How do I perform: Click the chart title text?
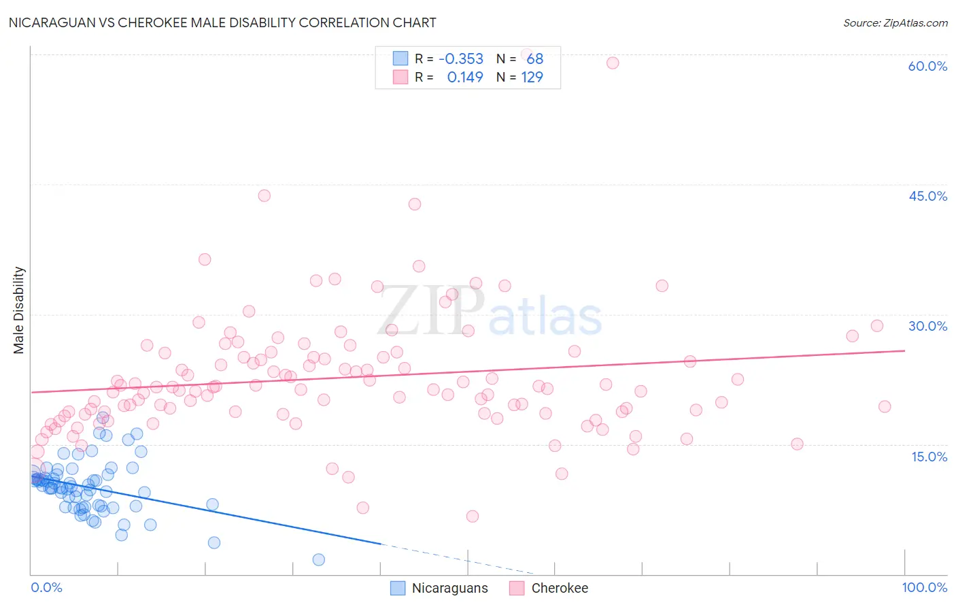pyautogui.click(x=222, y=22)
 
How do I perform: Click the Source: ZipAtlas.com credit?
pyautogui.click(x=895, y=22)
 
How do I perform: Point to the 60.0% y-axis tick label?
pyautogui.click(x=927, y=66)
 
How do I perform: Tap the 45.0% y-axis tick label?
pyautogui.click(x=927, y=196)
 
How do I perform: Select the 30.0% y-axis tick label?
pyautogui.click(x=927, y=326)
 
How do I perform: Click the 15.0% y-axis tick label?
pyautogui.click(x=929, y=456)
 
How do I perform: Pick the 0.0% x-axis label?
pyautogui.click(x=46, y=587)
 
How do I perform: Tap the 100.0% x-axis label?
pyautogui.click(x=924, y=587)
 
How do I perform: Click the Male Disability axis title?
pyautogui.click(x=19, y=310)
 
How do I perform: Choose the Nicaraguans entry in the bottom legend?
pyautogui.click(x=449, y=588)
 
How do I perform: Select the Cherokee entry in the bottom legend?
pyautogui.click(x=560, y=588)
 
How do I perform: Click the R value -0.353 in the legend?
pyautogui.click(x=461, y=59)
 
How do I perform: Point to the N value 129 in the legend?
pyautogui.click(x=532, y=78)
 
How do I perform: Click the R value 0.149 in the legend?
pyautogui.click(x=465, y=78)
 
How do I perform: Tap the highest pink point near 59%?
pyautogui.click(x=613, y=63)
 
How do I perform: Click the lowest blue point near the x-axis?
pyautogui.click(x=318, y=559)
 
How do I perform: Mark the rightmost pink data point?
pyautogui.click(x=885, y=406)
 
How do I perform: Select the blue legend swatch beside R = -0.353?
pyautogui.click(x=400, y=59)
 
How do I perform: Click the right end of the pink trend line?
pyautogui.click(x=904, y=350)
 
